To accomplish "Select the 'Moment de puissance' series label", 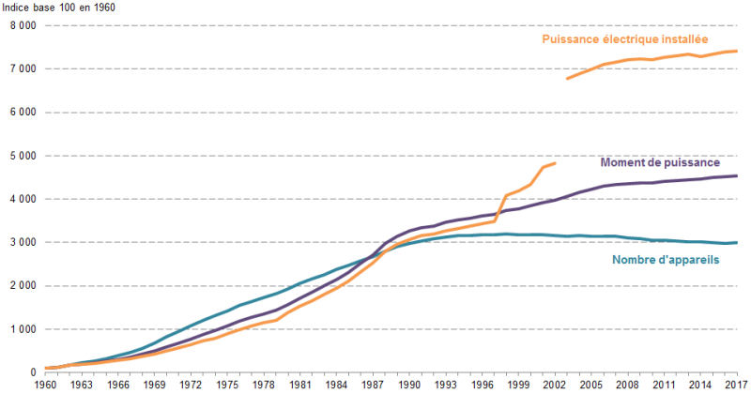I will click(x=660, y=162).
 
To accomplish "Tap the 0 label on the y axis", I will click(x=32, y=372).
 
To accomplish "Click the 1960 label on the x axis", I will click(x=46, y=385).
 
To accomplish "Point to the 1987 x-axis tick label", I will click(x=374, y=385).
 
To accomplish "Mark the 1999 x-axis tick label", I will click(x=519, y=385).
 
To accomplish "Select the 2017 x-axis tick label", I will click(x=737, y=385).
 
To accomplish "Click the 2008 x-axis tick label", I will click(x=628, y=385).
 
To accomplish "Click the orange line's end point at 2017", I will click(x=737, y=51).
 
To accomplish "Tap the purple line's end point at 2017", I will click(x=737, y=175).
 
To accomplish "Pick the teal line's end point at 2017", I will click(x=737, y=242).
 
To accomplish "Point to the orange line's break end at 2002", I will click(x=556, y=163).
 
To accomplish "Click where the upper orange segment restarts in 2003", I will click(x=567, y=78).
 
